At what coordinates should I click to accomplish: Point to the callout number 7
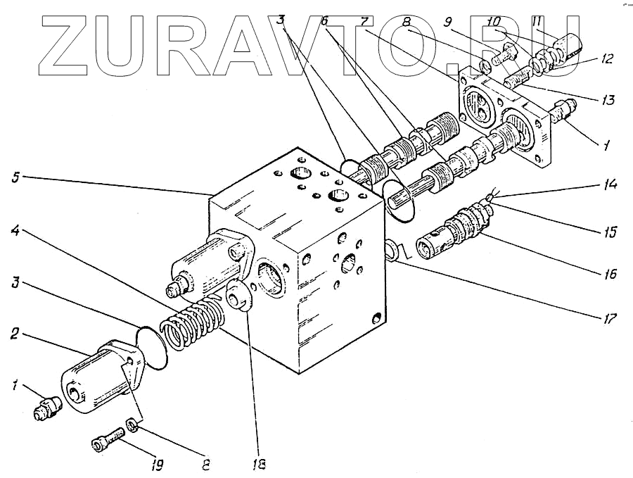[x=364, y=21]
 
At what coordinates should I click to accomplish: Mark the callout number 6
[x=324, y=21]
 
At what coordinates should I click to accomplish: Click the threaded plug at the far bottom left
[x=45, y=408]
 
